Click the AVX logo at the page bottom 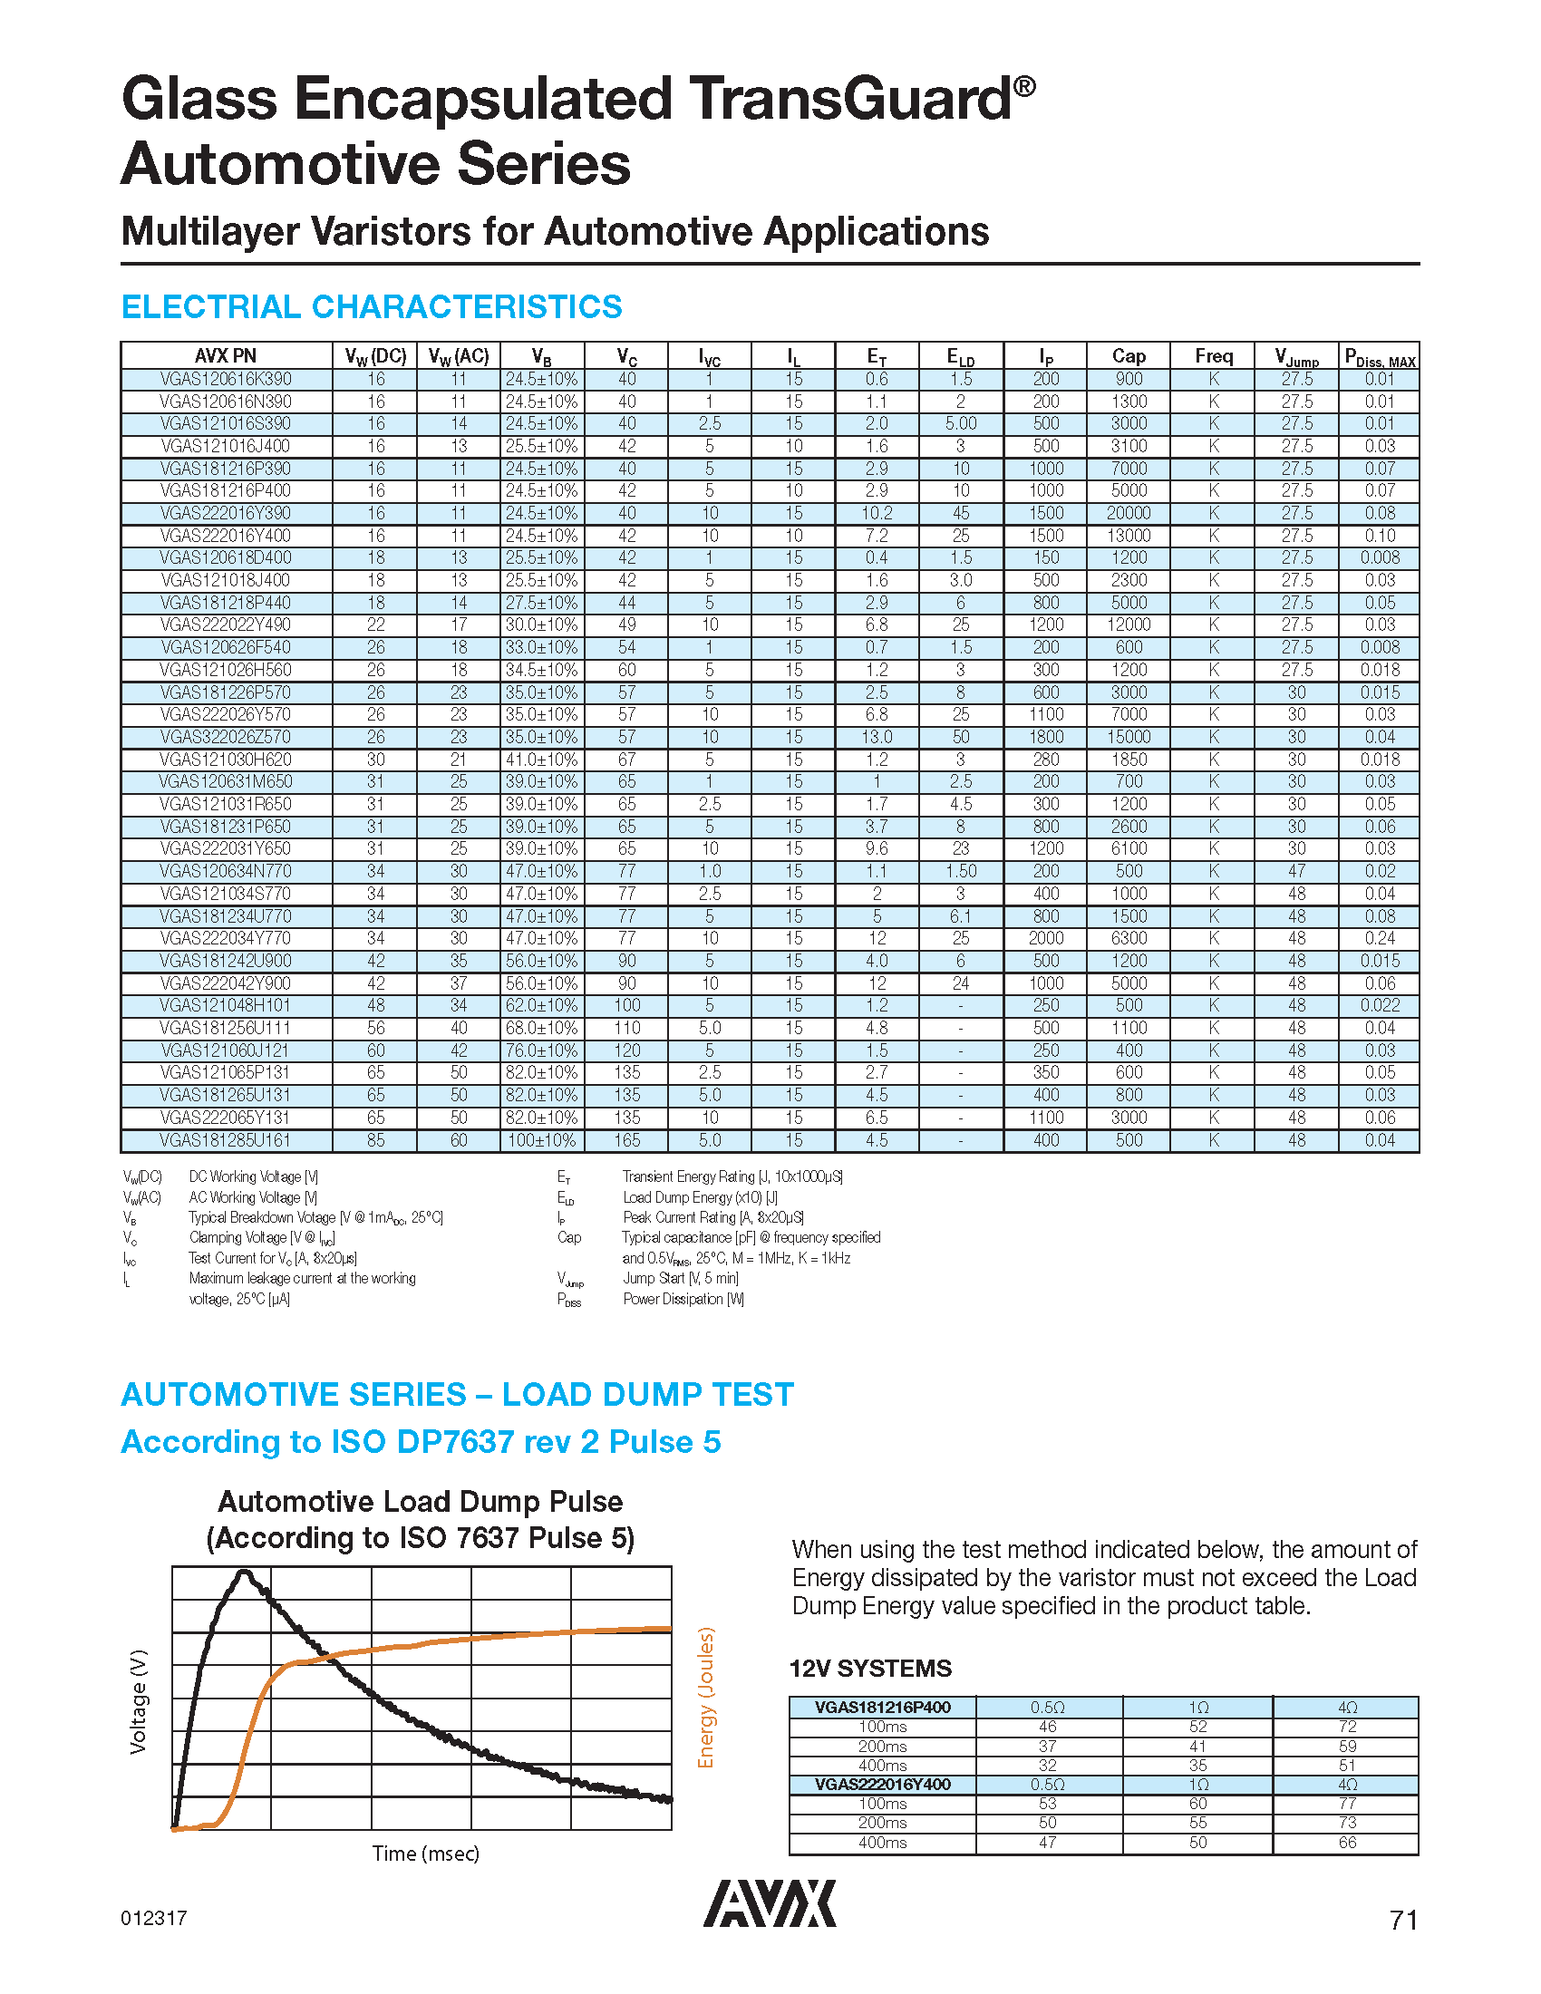point(770,1903)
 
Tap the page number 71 point(1403,1921)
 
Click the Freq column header point(1213,356)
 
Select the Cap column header point(1129,356)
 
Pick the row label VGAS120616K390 point(226,379)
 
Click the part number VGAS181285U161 point(226,1140)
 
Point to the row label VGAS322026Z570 point(226,737)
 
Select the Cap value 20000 point(1129,513)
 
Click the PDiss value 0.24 point(1380,939)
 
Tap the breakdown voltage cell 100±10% point(541,1140)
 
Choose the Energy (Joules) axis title point(705,1699)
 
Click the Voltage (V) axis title point(138,1701)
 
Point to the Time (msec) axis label point(425,1854)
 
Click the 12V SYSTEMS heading point(870,1669)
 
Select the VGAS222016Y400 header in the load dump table point(882,1784)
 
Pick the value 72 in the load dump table point(1346,1727)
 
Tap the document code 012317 point(153,1918)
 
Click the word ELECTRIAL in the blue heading point(211,306)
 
